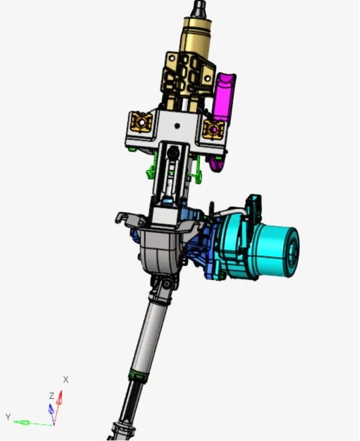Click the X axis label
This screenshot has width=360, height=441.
[66, 380]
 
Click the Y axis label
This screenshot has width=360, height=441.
[8, 417]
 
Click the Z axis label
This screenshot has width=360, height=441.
[51, 396]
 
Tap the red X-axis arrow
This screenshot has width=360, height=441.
[57, 407]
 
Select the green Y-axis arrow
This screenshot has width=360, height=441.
[33, 423]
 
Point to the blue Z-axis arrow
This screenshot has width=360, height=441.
[52, 414]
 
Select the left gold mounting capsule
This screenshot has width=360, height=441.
[141, 123]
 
